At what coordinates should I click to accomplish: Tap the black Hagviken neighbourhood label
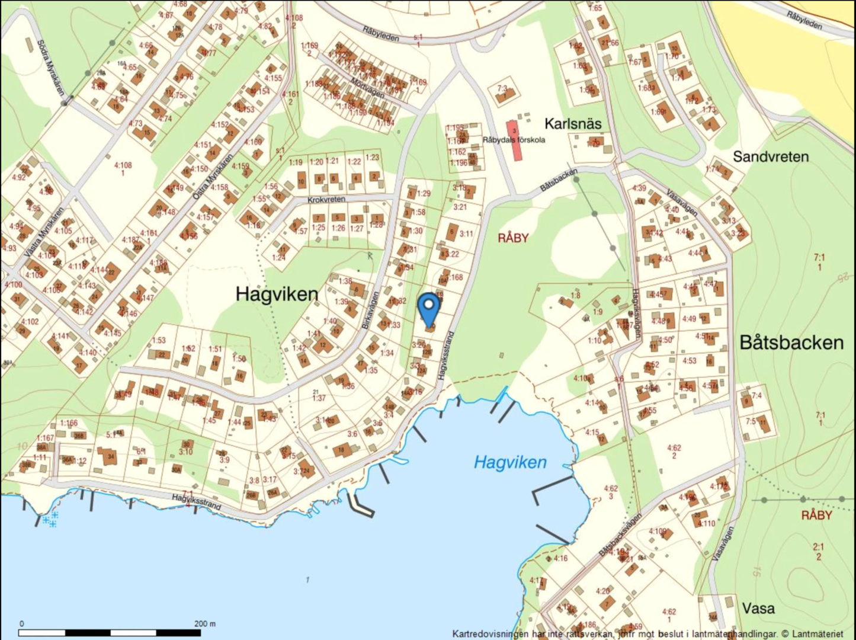click(277, 294)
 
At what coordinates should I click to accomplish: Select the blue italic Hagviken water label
click(510, 462)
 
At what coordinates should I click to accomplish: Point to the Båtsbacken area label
click(791, 343)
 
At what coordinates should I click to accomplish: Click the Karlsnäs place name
click(573, 124)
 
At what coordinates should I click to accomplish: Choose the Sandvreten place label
click(771, 156)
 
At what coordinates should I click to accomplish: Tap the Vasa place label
click(758, 609)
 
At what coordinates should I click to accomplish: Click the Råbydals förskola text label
click(514, 140)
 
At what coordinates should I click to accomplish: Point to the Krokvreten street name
click(326, 200)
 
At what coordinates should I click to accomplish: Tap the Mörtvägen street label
click(367, 88)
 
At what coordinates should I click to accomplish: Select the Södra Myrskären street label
click(50, 68)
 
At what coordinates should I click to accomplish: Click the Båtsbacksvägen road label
click(620, 535)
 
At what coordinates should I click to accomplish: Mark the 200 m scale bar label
click(205, 623)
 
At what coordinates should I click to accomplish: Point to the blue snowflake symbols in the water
click(50, 521)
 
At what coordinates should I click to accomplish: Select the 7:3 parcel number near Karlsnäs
click(502, 88)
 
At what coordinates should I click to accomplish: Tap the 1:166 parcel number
click(69, 423)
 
